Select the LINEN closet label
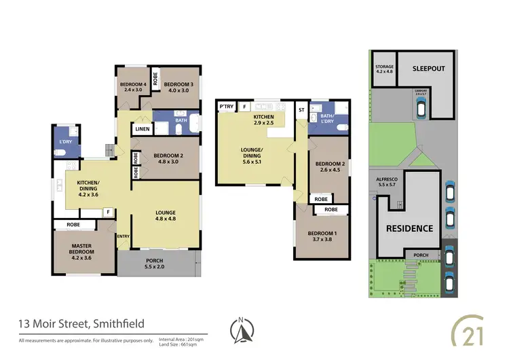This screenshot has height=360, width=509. point(142,129)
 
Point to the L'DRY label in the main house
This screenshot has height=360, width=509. point(66,141)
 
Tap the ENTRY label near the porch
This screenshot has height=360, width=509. point(124,236)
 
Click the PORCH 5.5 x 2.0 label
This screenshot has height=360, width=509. point(155,263)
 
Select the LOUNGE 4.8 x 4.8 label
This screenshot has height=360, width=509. point(164,216)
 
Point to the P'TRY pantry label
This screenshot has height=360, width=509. point(225,107)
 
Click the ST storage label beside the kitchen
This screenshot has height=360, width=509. point(301,107)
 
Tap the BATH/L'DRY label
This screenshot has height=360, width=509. point(328,119)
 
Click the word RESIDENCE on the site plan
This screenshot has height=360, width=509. point(409,228)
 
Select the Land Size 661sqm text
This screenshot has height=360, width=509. point(179,344)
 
